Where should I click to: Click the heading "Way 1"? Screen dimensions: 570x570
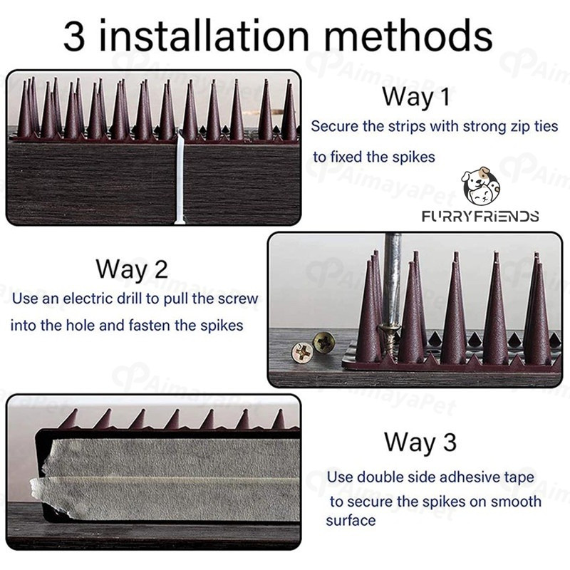pyautogui.click(x=416, y=97)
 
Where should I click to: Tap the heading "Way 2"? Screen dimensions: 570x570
pyautogui.click(x=132, y=269)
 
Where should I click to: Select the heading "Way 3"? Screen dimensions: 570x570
pyautogui.click(x=420, y=442)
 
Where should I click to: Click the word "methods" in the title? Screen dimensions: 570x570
pyautogui.click(x=408, y=35)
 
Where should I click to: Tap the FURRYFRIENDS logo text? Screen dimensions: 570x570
pyautogui.click(x=480, y=217)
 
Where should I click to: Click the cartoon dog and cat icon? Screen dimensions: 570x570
pyautogui.click(x=480, y=186)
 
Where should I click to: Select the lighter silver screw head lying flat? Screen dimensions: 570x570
pyautogui.click(x=302, y=353)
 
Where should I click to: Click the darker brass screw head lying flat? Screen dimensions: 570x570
pyautogui.click(x=323, y=342)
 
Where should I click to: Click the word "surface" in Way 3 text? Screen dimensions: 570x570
pyautogui.click(x=351, y=521)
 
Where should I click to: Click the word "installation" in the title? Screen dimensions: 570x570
pyautogui.click(x=204, y=35)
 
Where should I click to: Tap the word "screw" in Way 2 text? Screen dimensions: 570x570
pyautogui.click(x=238, y=299)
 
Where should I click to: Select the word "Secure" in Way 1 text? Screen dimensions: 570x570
pyautogui.click(x=335, y=127)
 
